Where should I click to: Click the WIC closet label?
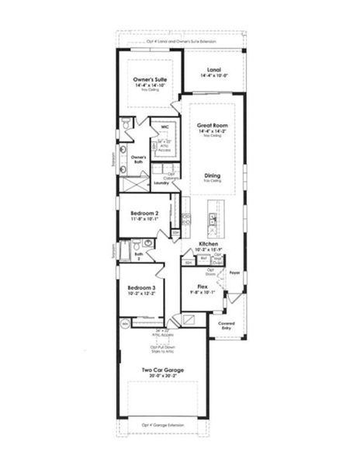(x=165, y=126)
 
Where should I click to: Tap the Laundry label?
(x=161, y=183)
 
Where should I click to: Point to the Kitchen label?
(x=209, y=243)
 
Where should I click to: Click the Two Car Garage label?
(x=163, y=371)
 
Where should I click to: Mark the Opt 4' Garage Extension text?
(x=163, y=426)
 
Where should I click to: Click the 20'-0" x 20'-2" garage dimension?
(x=163, y=378)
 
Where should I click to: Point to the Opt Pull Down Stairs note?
(x=163, y=349)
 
